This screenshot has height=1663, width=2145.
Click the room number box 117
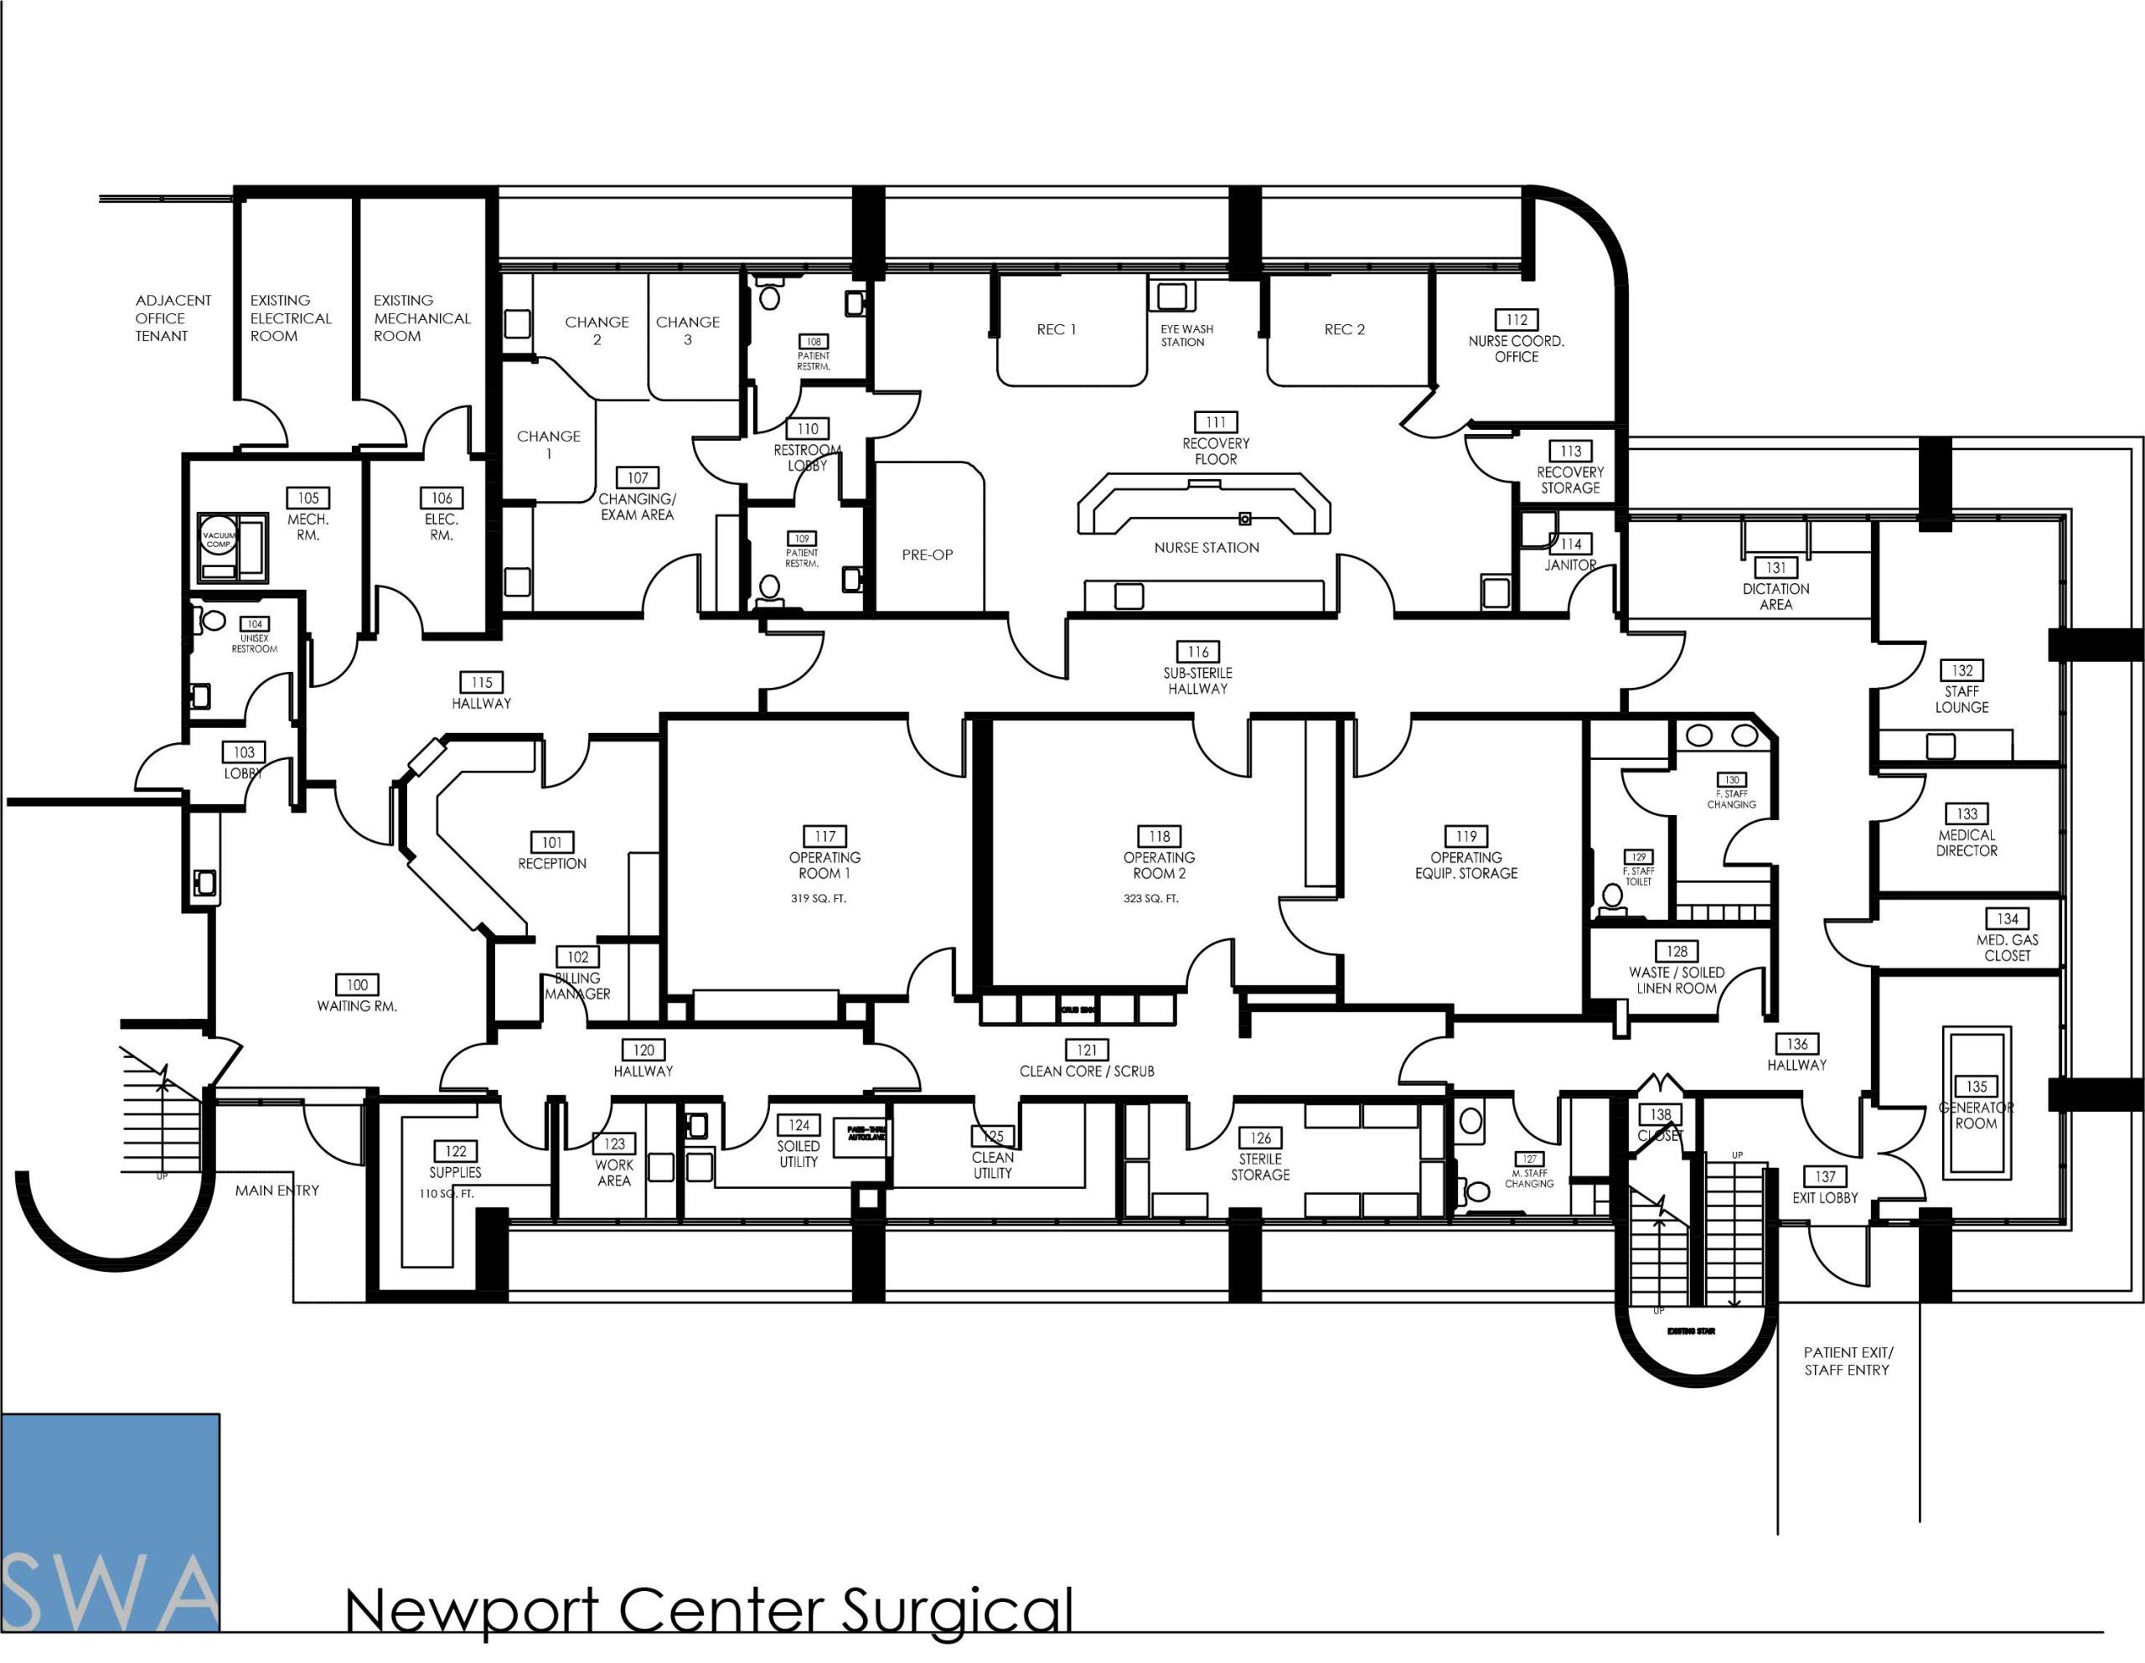point(824,836)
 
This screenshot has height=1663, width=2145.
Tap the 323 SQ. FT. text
point(1150,898)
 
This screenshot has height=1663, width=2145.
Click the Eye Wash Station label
point(1186,336)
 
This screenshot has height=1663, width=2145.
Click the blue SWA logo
point(110,1521)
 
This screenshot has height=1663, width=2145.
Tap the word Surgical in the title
point(957,1611)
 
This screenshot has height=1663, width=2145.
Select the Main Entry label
point(277,1190)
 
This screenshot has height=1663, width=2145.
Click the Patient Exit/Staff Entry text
point(1848,1361)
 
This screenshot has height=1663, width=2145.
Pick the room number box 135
point(1976,1087)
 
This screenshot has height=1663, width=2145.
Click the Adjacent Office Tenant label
point(173,318)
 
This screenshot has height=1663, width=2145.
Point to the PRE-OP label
point(928,554)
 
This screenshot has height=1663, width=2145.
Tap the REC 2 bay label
point(1344,329)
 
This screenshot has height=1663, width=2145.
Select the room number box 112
point(1517,319)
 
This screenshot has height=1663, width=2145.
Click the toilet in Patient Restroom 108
point(769,296)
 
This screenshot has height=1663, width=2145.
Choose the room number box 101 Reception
point(552,842)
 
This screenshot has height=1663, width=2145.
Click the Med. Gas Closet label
point(2007,947)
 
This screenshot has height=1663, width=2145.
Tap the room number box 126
point(1260,1138)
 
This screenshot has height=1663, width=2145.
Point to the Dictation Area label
point(1775,597)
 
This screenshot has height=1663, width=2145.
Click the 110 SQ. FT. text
point(445,1194)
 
